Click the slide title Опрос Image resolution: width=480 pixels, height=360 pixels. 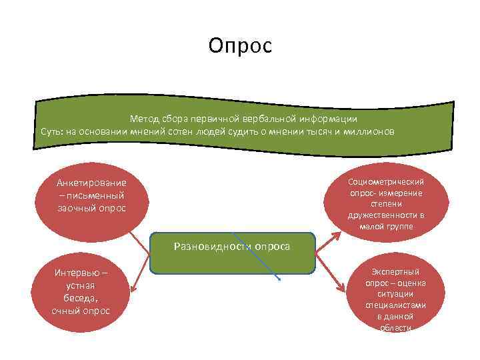[240, 45]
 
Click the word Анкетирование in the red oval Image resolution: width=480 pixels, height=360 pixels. [91, 183]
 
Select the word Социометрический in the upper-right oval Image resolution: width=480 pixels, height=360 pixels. [385, 181]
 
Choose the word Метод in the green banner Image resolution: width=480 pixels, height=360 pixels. [144, 119]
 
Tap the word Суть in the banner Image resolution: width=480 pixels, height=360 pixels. [51, 131]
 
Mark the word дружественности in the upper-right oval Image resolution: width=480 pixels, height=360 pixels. [385, 215]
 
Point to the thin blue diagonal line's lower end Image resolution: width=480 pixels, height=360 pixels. [281, 279]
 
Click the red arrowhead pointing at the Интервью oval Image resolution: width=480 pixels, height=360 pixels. [133, 288]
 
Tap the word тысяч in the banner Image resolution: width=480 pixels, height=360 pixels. [317, 131]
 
